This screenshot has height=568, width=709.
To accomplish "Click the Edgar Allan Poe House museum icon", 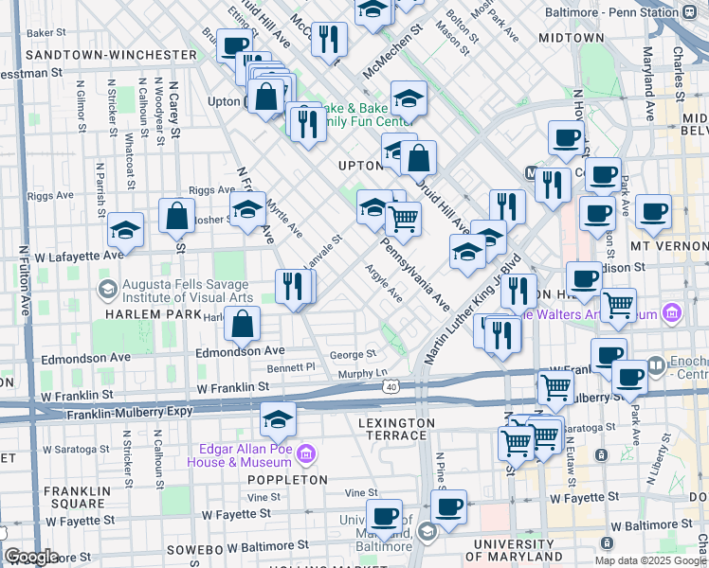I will tap(305, 455).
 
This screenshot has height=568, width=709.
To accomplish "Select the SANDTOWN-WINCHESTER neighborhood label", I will tap(111, 55).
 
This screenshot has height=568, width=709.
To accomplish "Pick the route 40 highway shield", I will tap(391, 386).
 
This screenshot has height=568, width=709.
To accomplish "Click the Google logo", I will tap(31, 557).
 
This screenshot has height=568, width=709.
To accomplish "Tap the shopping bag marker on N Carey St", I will tap(177, 216).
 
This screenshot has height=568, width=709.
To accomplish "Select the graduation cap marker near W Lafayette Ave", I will tap(125, 230).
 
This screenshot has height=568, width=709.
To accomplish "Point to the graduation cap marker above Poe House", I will tap(278, 417).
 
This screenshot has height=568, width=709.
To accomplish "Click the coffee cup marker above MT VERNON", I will tap(653, 212).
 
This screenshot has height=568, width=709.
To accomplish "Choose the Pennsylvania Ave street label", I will tap(416, 275).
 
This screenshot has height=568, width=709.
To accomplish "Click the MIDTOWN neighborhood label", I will tap(570, 38).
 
